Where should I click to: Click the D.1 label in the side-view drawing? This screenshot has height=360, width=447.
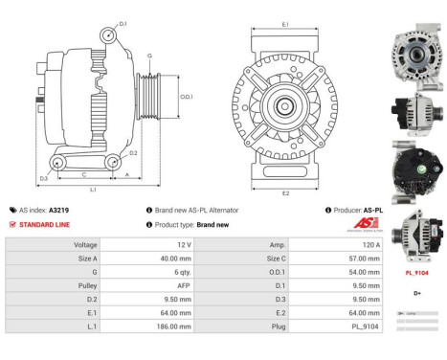123,21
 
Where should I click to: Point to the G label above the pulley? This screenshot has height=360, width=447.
148,56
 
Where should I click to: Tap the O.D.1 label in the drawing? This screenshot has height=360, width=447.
187,97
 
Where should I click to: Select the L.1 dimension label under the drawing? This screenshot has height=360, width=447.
93,191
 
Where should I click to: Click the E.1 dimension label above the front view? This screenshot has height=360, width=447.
286,24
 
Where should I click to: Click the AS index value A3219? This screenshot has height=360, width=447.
59,210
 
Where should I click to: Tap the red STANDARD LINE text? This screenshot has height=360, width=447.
44,224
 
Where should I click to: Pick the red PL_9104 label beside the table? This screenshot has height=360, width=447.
417,272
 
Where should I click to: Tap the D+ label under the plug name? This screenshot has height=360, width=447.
417,292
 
